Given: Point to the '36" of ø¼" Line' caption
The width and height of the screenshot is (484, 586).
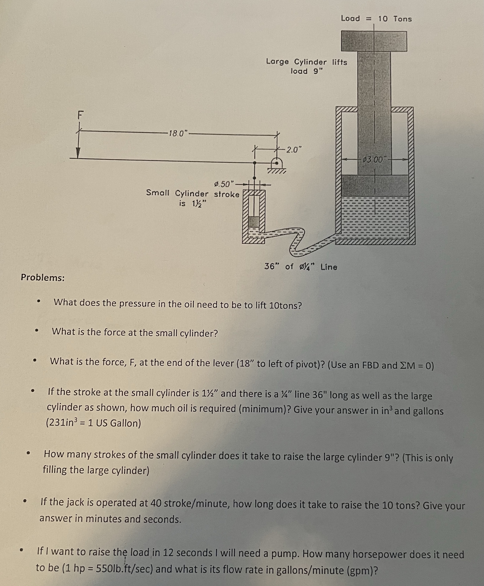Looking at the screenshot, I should point(300,267).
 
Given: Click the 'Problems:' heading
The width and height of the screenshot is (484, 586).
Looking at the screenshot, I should point(43,277).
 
